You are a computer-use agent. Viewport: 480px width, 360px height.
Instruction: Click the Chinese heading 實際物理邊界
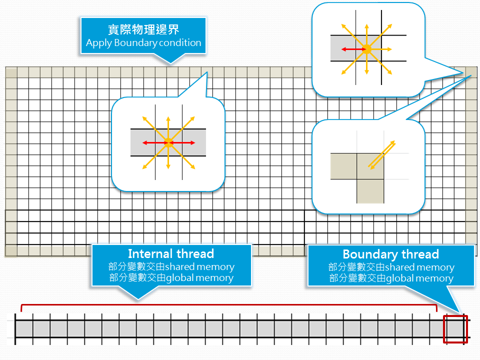(x=143, y=29)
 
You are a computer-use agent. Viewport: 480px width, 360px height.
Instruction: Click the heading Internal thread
(x=171, y=254)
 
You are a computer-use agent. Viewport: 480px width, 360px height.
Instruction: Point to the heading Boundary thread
(x=390, y=254)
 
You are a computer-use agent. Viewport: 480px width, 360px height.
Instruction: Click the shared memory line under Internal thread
(x=171, y=266)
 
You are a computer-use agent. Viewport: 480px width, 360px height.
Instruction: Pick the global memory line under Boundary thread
(x=391, y=278)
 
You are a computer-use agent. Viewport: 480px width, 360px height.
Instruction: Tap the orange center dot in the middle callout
(x=168, y=142)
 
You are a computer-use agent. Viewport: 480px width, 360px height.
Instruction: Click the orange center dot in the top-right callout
(x=366, y=49)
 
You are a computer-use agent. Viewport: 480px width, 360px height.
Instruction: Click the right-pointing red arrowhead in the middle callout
(x=192, y=142)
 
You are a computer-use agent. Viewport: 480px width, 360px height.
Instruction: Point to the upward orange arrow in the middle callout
(x=168, y=129)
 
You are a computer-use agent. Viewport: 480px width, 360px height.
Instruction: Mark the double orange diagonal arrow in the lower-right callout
(x=381, y=155)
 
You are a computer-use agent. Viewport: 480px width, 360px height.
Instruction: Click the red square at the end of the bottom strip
(x=455, y=329)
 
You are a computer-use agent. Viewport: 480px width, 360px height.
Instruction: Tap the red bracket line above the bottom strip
(x=229, y=305)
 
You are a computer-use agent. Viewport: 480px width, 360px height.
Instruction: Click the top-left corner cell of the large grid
(x=11, y=73)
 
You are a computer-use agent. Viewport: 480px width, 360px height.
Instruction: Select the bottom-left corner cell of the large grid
(x=11, y=250)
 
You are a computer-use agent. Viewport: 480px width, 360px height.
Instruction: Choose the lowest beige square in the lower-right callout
(x=370, y=191)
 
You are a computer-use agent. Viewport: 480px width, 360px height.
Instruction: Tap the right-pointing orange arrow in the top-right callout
(x=379, y=49)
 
